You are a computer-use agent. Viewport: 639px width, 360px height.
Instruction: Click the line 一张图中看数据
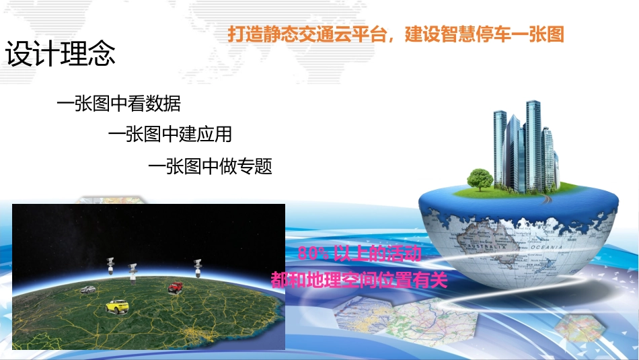[118, 104]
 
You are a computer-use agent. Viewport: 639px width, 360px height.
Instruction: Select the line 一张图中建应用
[170, 135]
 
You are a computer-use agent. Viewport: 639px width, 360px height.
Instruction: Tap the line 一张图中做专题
[210, 166]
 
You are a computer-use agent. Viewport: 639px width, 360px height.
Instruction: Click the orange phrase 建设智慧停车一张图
[484, 34]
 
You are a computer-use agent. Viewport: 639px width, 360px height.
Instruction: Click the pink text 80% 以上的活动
[359, 254]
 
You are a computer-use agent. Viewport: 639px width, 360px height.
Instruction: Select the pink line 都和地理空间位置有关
[359, 279]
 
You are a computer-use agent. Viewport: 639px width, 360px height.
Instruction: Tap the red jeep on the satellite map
[176, 287]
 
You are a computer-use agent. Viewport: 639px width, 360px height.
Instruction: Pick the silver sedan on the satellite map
[88, 290]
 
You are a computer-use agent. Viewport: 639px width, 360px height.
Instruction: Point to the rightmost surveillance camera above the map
[198, 266]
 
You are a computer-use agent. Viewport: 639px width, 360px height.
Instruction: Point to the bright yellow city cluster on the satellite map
[194, 334]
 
